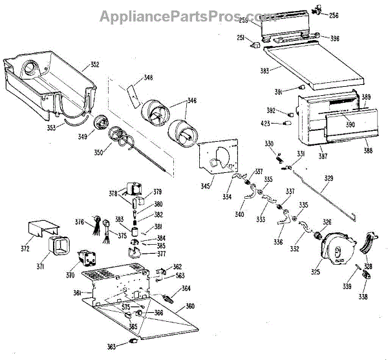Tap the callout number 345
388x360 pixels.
click(x=204, y=186)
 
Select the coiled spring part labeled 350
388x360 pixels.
click(x=120, y=137)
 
